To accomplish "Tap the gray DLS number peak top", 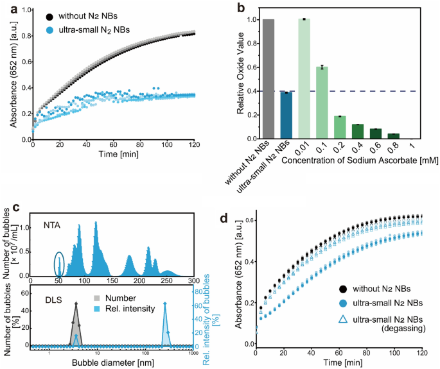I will click(x=76, y=304).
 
